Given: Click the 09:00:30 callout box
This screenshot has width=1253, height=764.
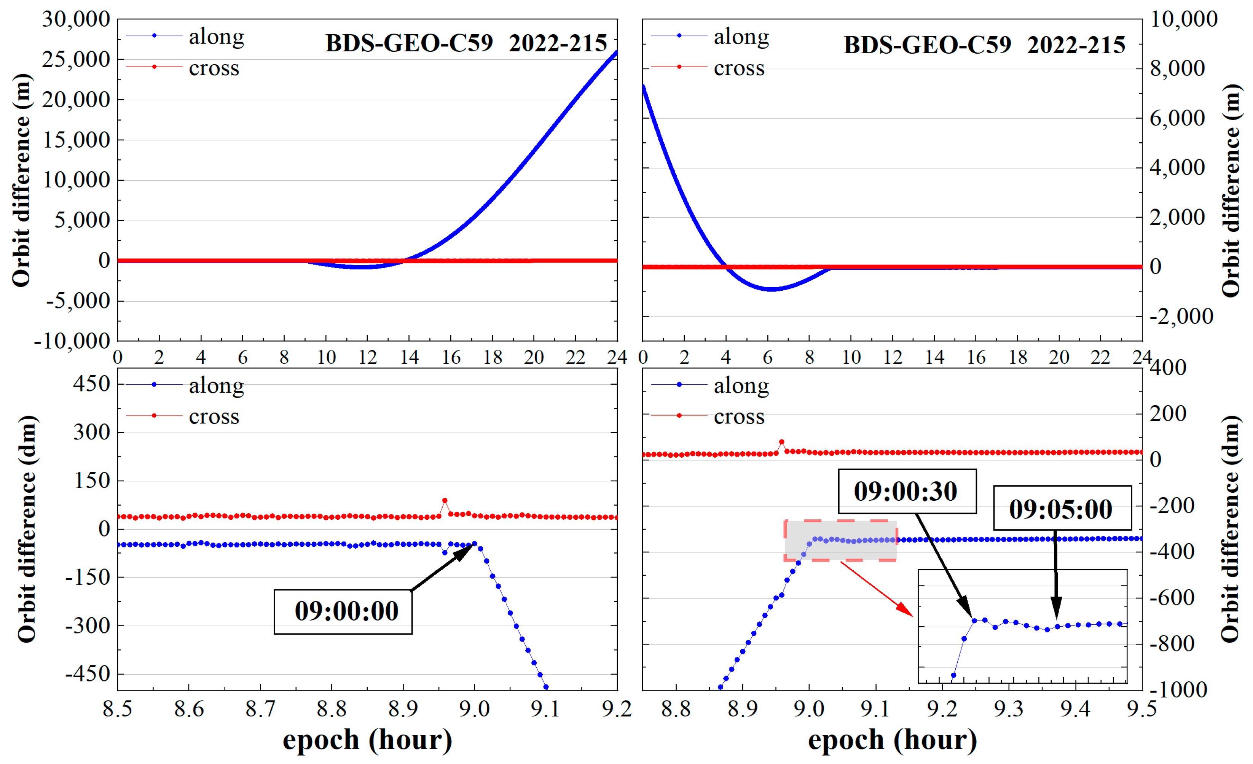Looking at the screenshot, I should click(x=907, y=491).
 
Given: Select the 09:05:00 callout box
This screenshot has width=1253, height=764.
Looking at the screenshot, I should click(x=1062, y=508).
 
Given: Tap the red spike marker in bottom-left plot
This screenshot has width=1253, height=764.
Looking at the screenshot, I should click(x=445, y=501).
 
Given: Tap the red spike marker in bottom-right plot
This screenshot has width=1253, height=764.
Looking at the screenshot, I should click(x=781, y=442).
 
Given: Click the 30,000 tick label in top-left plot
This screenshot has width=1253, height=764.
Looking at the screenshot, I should click(x=76, y=19).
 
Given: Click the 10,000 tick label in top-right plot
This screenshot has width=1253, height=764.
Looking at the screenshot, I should click(x=1183, y=19).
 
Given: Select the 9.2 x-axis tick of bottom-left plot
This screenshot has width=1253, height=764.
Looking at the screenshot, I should click(x=616, y=708).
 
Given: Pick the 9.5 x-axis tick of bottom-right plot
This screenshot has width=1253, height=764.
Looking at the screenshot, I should click(x=1141, y=708).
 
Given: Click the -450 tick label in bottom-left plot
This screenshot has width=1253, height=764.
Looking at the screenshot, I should click(x=88, y=674).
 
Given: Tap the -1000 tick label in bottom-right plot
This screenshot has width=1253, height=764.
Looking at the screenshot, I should click(x=1178, y=690).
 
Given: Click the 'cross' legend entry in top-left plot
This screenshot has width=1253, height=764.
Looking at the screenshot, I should click(x=214, y=68).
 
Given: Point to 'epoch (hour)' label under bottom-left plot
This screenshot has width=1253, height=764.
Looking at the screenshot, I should click(x=367, y=740).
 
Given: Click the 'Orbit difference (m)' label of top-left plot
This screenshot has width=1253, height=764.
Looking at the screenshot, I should click(x=21, y=180).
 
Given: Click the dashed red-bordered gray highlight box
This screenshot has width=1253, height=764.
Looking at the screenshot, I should click(x=840, y=541).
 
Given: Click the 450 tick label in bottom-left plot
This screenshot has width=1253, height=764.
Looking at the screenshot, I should click(x=91, y=384).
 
